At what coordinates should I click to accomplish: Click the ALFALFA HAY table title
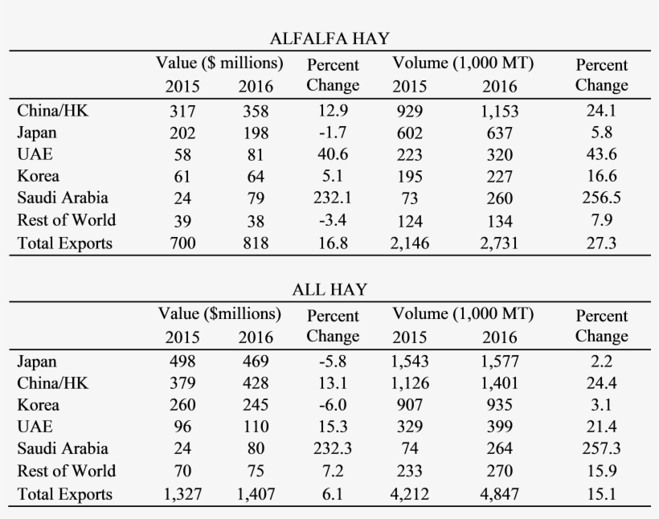pyautogui.click(x=329, y=38)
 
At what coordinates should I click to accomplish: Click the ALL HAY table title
pyautogui.click(x=329, y=289)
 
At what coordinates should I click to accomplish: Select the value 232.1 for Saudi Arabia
pyautogui.click(x=333, y=198)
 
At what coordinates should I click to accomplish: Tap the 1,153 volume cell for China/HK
pyautogui.click(x=499, y=112)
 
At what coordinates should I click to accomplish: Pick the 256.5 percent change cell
pyautogui.click(x=600, y=198)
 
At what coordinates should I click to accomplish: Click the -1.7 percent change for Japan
pyautogui.click(x=333, y=133)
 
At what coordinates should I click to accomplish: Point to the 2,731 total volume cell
pyautogui.click(x=499, y=243)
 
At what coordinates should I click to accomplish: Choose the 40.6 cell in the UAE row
pyautogui.click(x=333, y=155)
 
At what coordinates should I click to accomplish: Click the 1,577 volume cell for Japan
pyautogui.click(x=499, y=363)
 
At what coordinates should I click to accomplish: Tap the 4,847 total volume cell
pyautogui.click(x=499, y=494)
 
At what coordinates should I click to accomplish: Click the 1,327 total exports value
pyautogui.click(x=184, y=494)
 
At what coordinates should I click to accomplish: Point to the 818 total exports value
pyautogui.click(x=256, y=243)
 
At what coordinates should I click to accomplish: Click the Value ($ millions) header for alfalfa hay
pyautogui.click(x=219, y=63)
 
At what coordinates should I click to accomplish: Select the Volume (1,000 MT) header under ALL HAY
pyautogui.click(x=463, y=313)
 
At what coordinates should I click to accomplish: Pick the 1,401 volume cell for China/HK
pyautogui.click(x=499, y=385)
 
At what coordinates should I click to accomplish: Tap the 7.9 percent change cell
pyautogui.click(x=600, y=221)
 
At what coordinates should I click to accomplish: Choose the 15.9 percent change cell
pyautogui.click(x=600, y=472)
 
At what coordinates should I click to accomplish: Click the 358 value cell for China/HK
pyautogui.click(x=256, y=112)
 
